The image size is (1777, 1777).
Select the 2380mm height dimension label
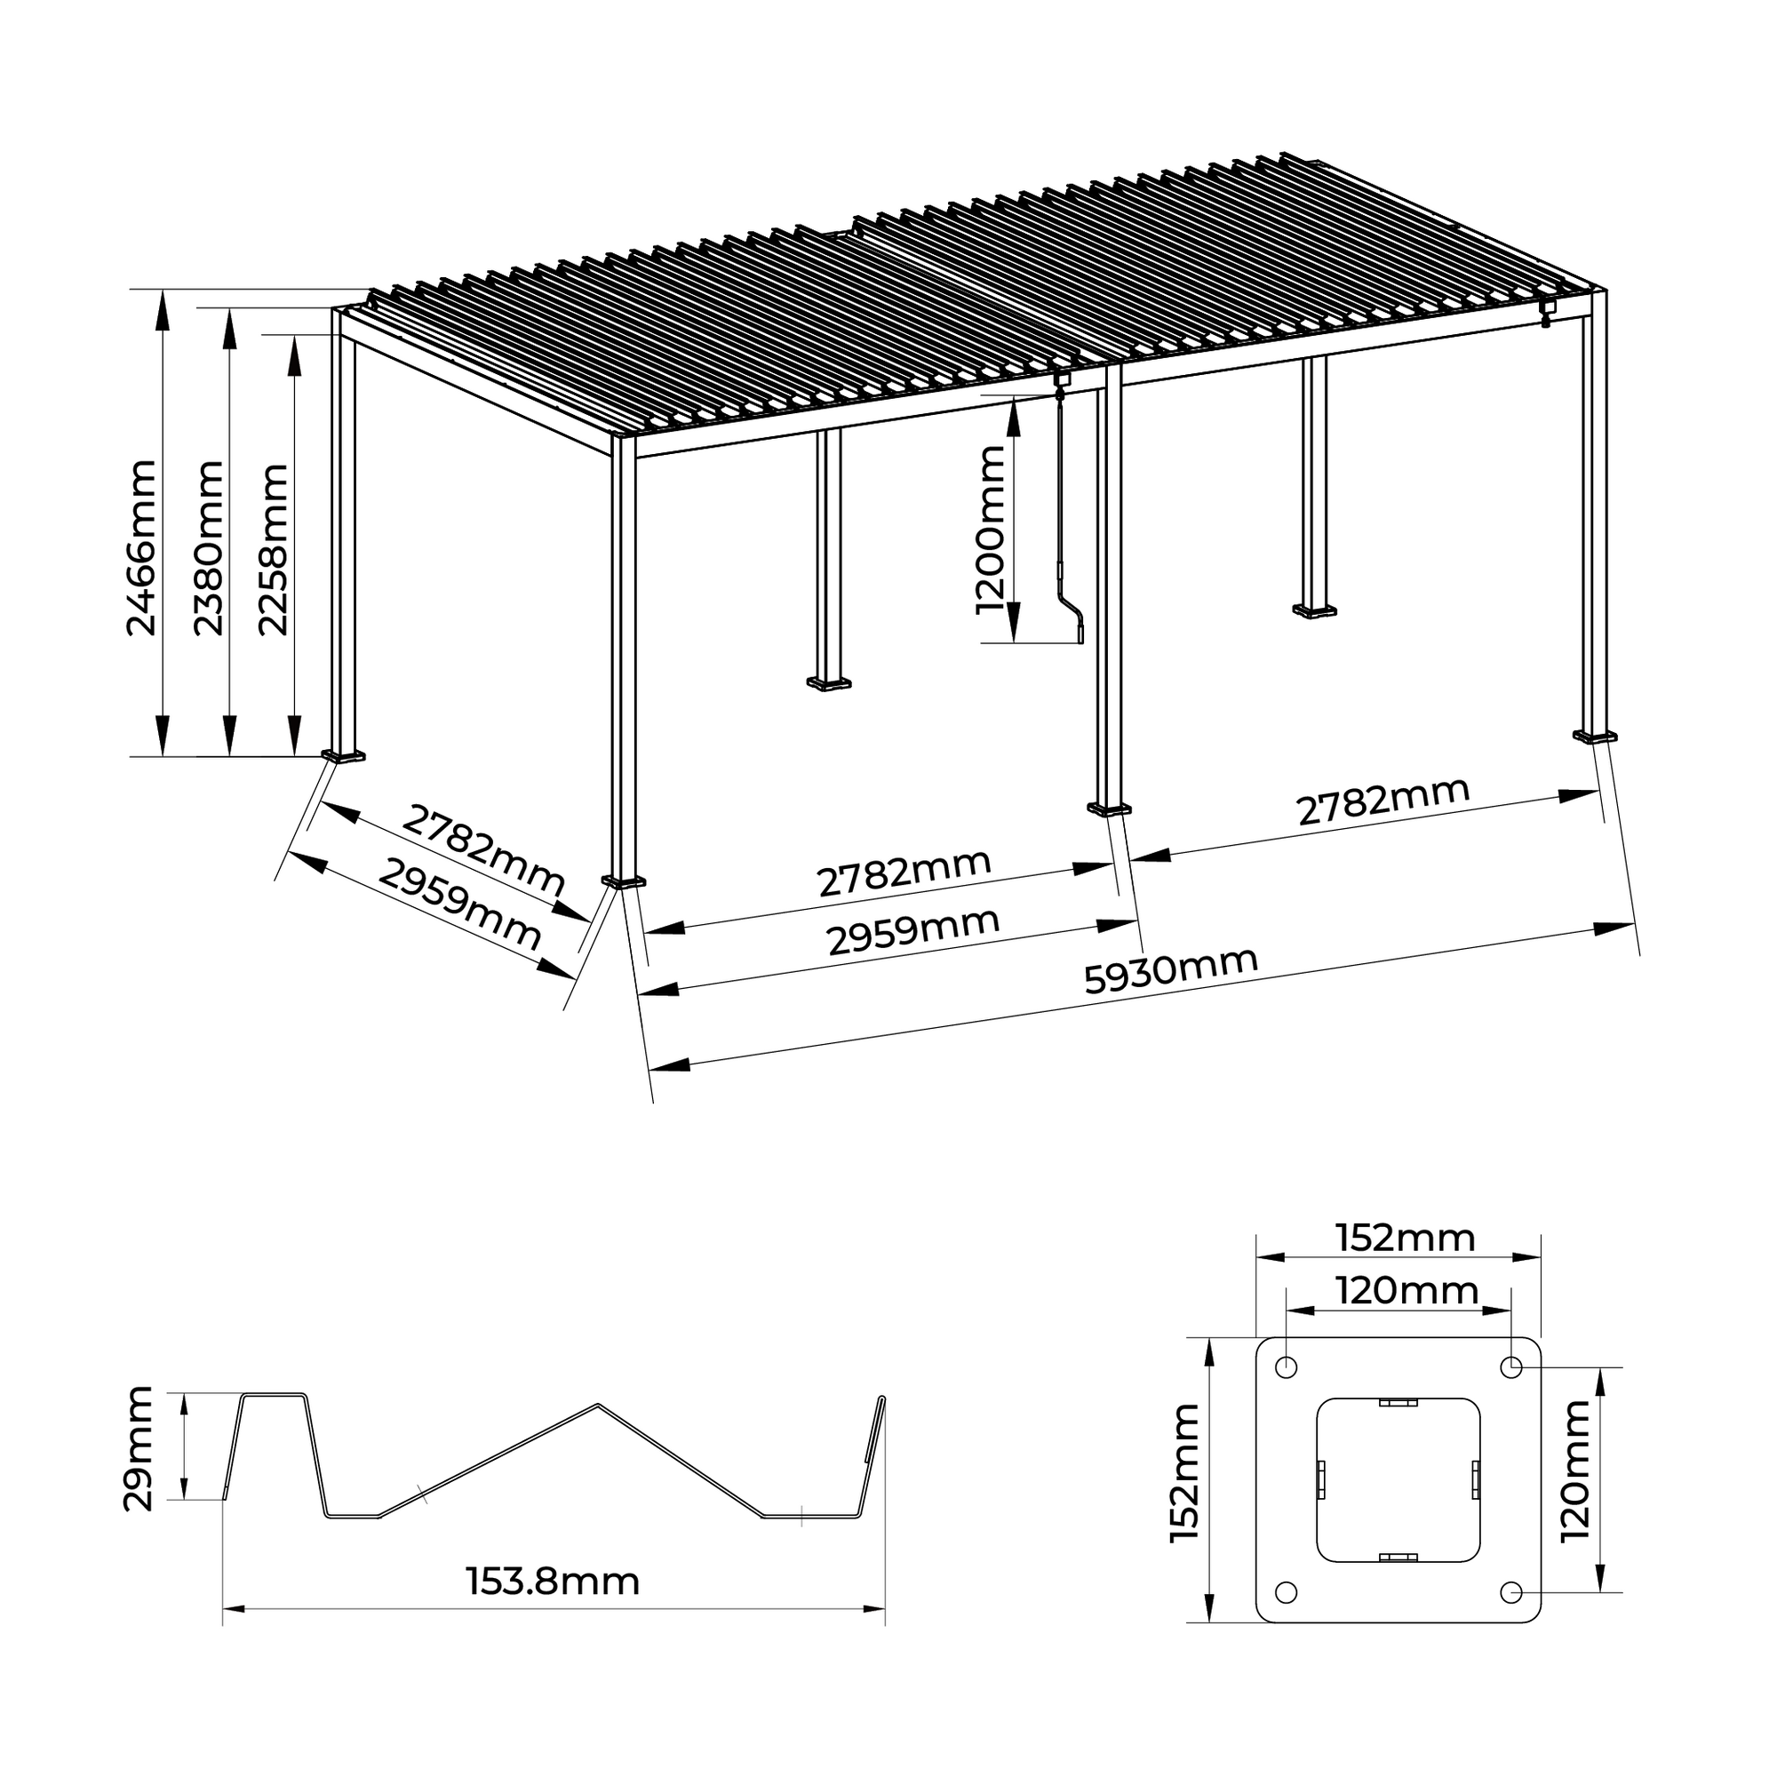click(x=209, y=548)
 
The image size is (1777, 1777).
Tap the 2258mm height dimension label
click(x=273, y=550)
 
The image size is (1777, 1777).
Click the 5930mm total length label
click(x=1170, y=969)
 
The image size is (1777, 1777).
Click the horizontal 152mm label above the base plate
click(x=1405, y=1238)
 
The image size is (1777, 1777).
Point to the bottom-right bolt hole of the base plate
click(x=1510, y=1592)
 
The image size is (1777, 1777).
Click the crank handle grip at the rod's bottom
click(x=1080, y=633)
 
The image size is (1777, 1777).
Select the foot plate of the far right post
click(x=1595, y=736)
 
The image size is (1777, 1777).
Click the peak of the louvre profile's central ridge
click(x=598, y=1405)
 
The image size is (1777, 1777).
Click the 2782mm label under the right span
click(x=1383, y=801)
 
